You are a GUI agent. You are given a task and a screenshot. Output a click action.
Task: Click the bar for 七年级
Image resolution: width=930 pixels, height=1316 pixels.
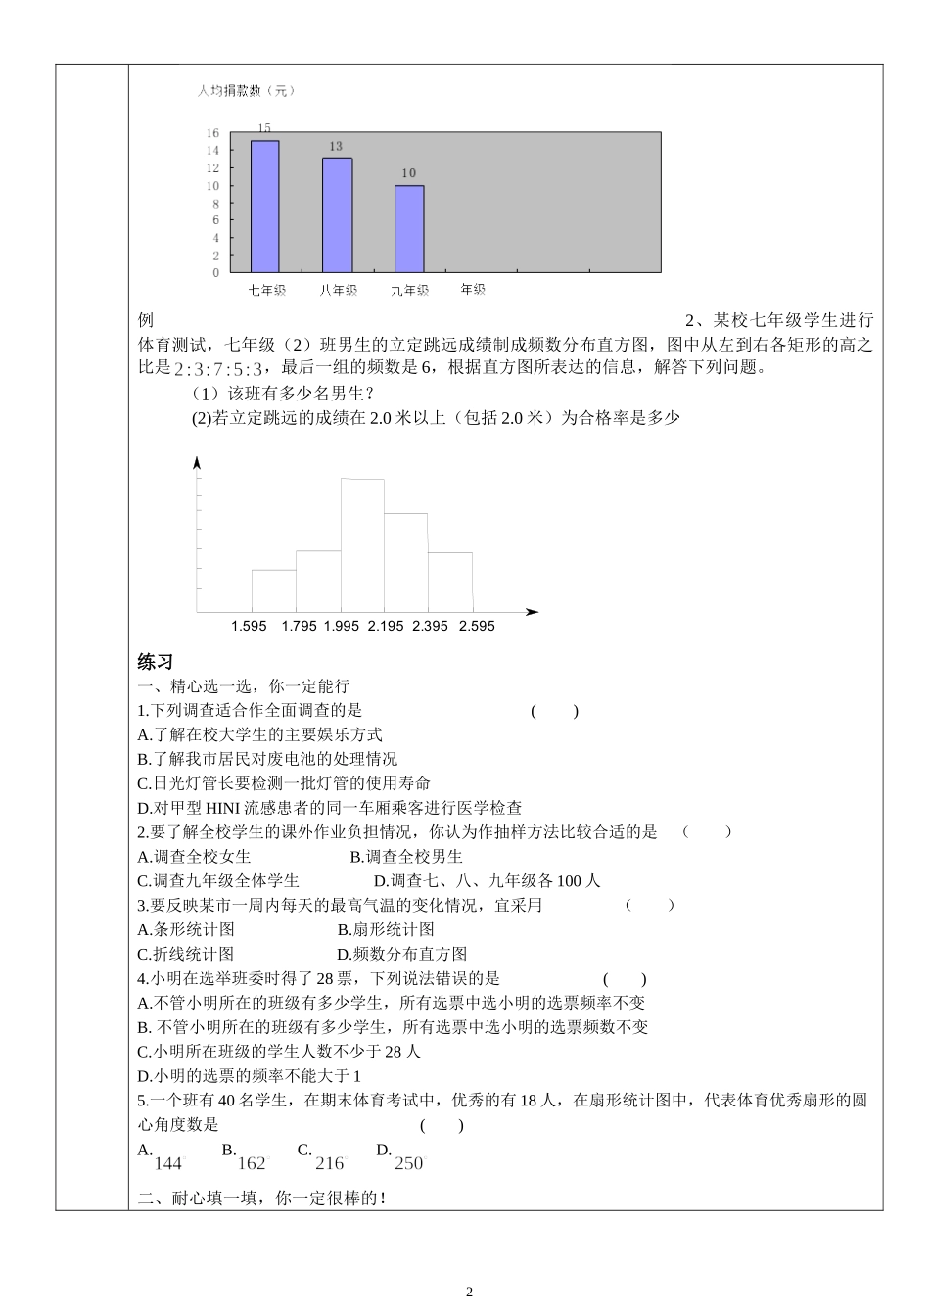264,207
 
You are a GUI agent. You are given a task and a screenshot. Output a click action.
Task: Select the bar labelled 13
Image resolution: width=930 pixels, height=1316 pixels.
337,215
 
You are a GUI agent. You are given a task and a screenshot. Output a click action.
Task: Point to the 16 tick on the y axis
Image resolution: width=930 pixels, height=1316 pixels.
212,133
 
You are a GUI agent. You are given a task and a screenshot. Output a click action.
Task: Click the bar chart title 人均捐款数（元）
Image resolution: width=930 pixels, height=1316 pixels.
246,91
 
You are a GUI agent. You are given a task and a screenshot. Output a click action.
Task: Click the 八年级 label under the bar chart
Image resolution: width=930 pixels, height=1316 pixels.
338,290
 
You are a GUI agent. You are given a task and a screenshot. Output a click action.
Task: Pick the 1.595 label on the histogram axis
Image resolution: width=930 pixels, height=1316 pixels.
249,626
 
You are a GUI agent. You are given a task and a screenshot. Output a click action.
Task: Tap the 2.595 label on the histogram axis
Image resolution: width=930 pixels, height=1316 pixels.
477,626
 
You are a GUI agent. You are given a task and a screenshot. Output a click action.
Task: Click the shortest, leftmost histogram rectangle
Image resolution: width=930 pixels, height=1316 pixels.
273,590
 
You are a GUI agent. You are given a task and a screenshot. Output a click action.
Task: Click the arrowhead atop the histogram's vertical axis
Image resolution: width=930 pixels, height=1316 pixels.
198,462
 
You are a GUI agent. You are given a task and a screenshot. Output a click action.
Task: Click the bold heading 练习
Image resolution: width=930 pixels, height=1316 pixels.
156,662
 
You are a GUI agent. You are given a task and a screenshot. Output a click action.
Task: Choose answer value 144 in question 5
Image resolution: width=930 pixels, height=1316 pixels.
168,1163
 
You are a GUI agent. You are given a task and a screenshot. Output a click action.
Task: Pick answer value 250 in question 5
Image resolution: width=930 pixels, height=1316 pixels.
409,1163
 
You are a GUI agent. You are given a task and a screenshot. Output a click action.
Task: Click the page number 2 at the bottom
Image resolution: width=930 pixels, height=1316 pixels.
469,1292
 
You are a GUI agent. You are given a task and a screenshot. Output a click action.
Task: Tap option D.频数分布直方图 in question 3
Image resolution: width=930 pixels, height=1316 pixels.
402,954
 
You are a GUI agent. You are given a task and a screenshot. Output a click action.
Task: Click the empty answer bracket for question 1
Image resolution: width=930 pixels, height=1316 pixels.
555,711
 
